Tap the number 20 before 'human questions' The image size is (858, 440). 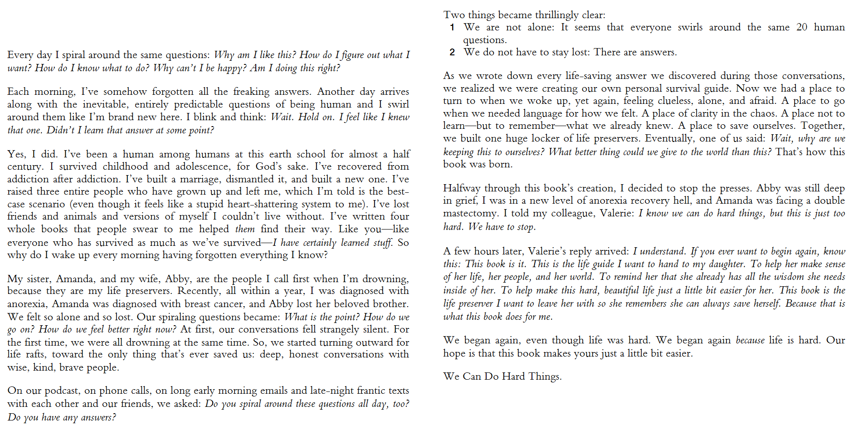(x=801, y=27)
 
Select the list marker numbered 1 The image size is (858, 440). (x=452, y=28)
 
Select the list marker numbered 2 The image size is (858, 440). (x=452, y=53)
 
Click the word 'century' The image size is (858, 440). (x=25, y=166)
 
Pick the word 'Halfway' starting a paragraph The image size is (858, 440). (x=462, y=188)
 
